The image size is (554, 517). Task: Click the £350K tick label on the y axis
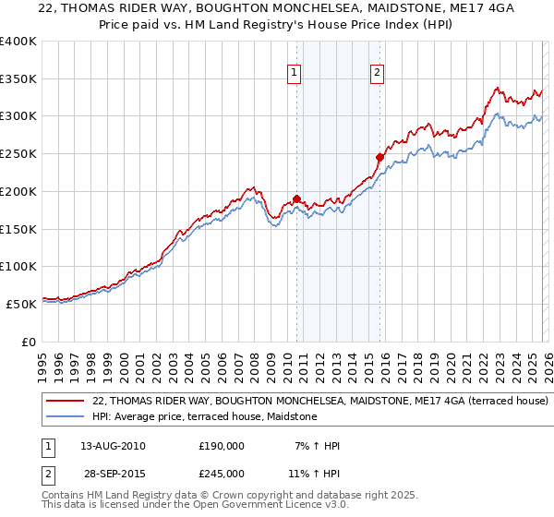click(x=18, y=79)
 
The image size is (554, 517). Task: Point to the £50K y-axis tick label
click(x=21, y=304)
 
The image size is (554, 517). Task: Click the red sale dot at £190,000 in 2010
click(x=296, y=198)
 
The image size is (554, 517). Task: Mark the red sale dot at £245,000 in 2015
click(x=379, y=158)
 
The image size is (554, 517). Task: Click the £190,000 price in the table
click(x=221, y=446)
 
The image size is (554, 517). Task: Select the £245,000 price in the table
click(x=221, y=473)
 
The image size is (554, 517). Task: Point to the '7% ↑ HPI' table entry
click(x=316, y=446)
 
